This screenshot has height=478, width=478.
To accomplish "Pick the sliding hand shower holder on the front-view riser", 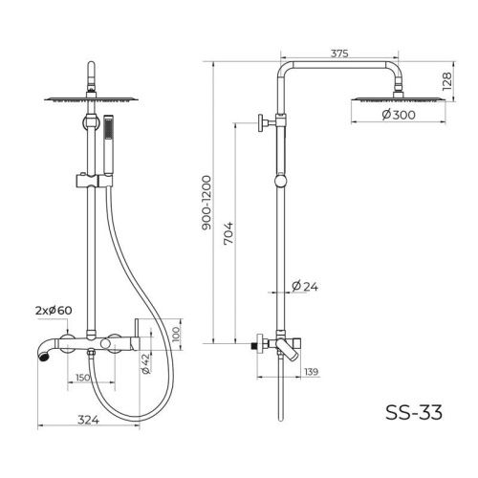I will [90, 178].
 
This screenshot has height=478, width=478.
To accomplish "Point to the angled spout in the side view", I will [293, 348].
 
